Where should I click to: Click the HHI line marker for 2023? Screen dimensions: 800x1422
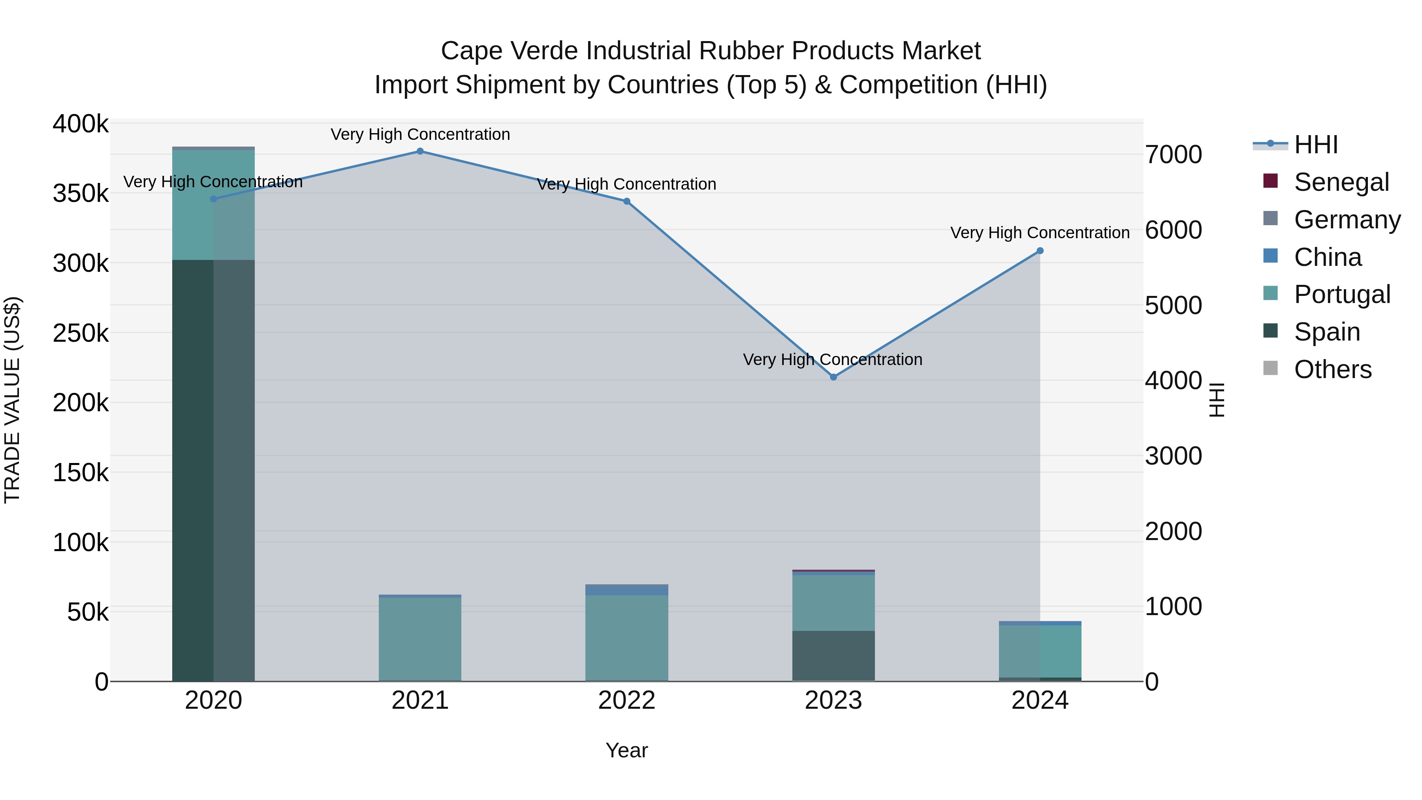[x=833, y=377]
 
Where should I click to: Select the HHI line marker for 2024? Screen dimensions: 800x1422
[x=1040, y=250]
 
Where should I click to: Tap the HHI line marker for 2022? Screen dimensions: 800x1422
[x=626, y=201]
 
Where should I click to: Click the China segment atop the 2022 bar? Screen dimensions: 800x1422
[x=626, y=590]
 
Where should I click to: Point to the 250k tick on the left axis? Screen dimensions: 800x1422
[x=81, y=333]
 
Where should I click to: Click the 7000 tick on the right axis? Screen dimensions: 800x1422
[x=1173, y=154]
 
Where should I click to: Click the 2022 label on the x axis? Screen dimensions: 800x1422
[x=626, y=700]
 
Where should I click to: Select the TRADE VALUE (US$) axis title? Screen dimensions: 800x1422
[x=12, y=400]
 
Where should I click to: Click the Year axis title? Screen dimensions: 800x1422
[x=626, y=750]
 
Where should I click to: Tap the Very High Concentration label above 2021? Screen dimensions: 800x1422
[x=420, y=134]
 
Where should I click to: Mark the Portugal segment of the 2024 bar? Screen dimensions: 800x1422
[x=1040, y=651]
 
